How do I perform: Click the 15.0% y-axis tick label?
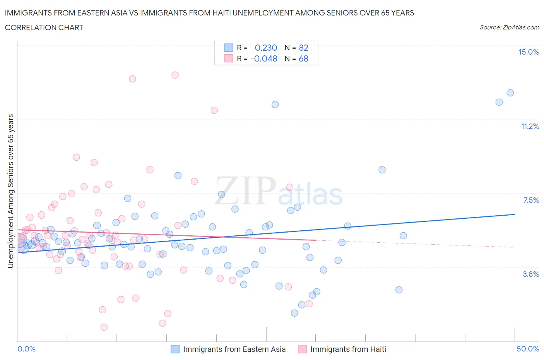coord(529,52)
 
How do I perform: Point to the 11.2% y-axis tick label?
coord(530,126)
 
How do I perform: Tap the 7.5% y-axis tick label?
coord(531,200)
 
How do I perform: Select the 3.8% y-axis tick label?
coord(531,274)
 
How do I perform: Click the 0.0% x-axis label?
coord(27,349)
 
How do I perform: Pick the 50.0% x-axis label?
coord(528,349)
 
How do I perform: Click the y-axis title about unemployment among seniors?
coord(11,191)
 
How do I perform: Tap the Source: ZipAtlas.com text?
coord(509,27)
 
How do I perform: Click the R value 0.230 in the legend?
coord(266,48)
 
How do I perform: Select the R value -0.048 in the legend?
coord(264,58)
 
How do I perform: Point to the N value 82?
coord(303,48)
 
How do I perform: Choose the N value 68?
coord(303,58)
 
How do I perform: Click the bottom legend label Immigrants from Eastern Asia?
coord(234,349)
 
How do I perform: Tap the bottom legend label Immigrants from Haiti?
coord(348,349)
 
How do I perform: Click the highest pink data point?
coord(175,75)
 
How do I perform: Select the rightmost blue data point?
coord(510,93)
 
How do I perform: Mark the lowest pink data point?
coord(104,327)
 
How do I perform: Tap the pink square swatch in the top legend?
coord(229,58)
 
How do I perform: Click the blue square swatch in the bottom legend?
coord(175,349)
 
